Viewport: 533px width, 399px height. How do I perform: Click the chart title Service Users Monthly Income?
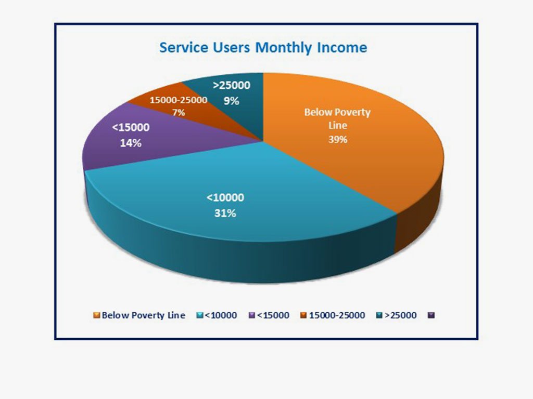263,48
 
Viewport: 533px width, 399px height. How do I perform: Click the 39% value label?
337,140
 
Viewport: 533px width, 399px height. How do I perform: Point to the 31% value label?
225,212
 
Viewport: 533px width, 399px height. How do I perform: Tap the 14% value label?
131,142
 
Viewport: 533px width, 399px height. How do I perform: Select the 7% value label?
179,112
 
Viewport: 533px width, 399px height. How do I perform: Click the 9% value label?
231,101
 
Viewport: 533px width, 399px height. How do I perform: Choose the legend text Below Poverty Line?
143,315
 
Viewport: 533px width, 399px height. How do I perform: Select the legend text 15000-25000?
337,315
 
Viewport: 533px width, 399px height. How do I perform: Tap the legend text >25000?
400,315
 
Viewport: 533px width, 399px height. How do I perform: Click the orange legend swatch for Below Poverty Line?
96,315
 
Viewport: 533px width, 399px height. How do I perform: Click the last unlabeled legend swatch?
431,315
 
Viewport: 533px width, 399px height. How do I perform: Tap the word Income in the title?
341,48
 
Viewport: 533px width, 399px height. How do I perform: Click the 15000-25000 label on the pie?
179,100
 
